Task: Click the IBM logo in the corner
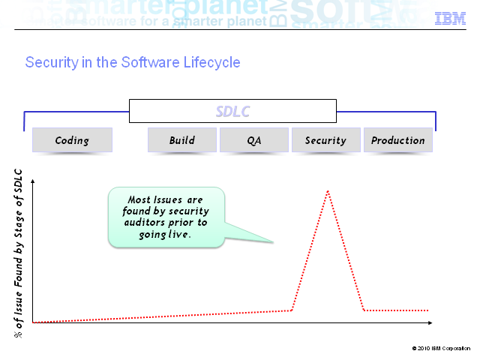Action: [450, 18]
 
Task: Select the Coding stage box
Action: [72, 140]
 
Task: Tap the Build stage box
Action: [182, 140]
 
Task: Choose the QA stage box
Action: [254, 140]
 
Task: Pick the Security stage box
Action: [326, 140]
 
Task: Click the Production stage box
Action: [398, 140]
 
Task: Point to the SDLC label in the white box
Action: [233, 112]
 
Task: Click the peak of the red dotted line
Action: [328, 191]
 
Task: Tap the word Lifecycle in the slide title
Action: [211, 63]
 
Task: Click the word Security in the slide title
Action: [52, 63]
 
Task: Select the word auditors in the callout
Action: [144, 222]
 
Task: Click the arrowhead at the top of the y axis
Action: [33, 181]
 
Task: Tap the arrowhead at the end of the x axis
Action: [430, 322]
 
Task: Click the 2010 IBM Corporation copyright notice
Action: [441, 348]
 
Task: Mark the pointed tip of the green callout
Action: [273, 242]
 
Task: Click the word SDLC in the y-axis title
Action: [18, 181]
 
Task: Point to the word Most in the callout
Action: [139, 199]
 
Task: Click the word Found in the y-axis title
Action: [18, 271]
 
